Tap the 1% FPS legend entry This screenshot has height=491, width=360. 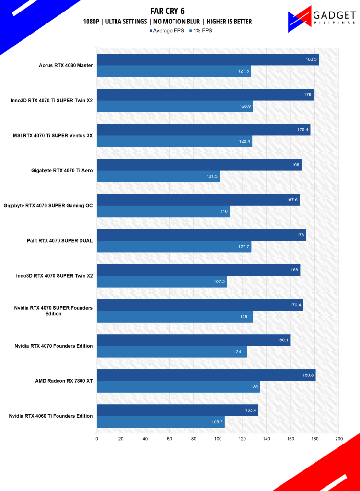[x=201, y=31]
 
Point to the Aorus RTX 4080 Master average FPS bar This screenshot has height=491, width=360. [x=208, y=59]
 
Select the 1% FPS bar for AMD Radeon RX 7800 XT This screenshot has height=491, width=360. [x=178, y=387]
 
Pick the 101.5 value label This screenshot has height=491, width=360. [x=212, y=176]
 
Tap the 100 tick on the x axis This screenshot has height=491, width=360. [x=218, y=438]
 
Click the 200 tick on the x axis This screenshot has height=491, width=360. [x=339, y=438]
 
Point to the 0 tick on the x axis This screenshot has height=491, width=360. [x=97, y=438]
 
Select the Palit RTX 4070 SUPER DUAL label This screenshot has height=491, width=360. [x=60, y=241]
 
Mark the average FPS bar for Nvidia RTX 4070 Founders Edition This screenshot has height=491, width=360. [x=194, y=340]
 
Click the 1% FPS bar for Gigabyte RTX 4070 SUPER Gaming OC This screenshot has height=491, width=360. [x=163, y=211]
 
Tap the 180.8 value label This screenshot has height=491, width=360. [x=308, y=375]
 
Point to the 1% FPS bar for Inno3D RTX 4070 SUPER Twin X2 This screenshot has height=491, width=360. [x=162, y=281]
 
